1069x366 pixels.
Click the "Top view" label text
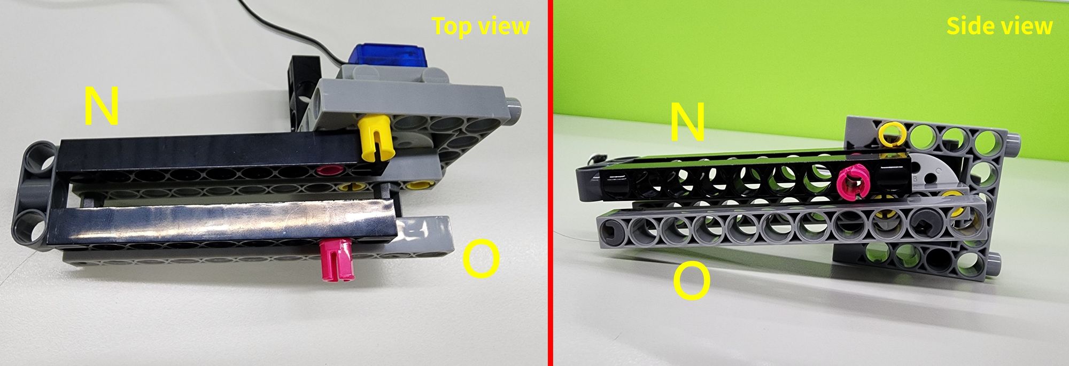[481, 26]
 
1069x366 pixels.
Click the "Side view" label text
[999, 26]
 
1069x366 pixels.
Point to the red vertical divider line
[549, 183]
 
